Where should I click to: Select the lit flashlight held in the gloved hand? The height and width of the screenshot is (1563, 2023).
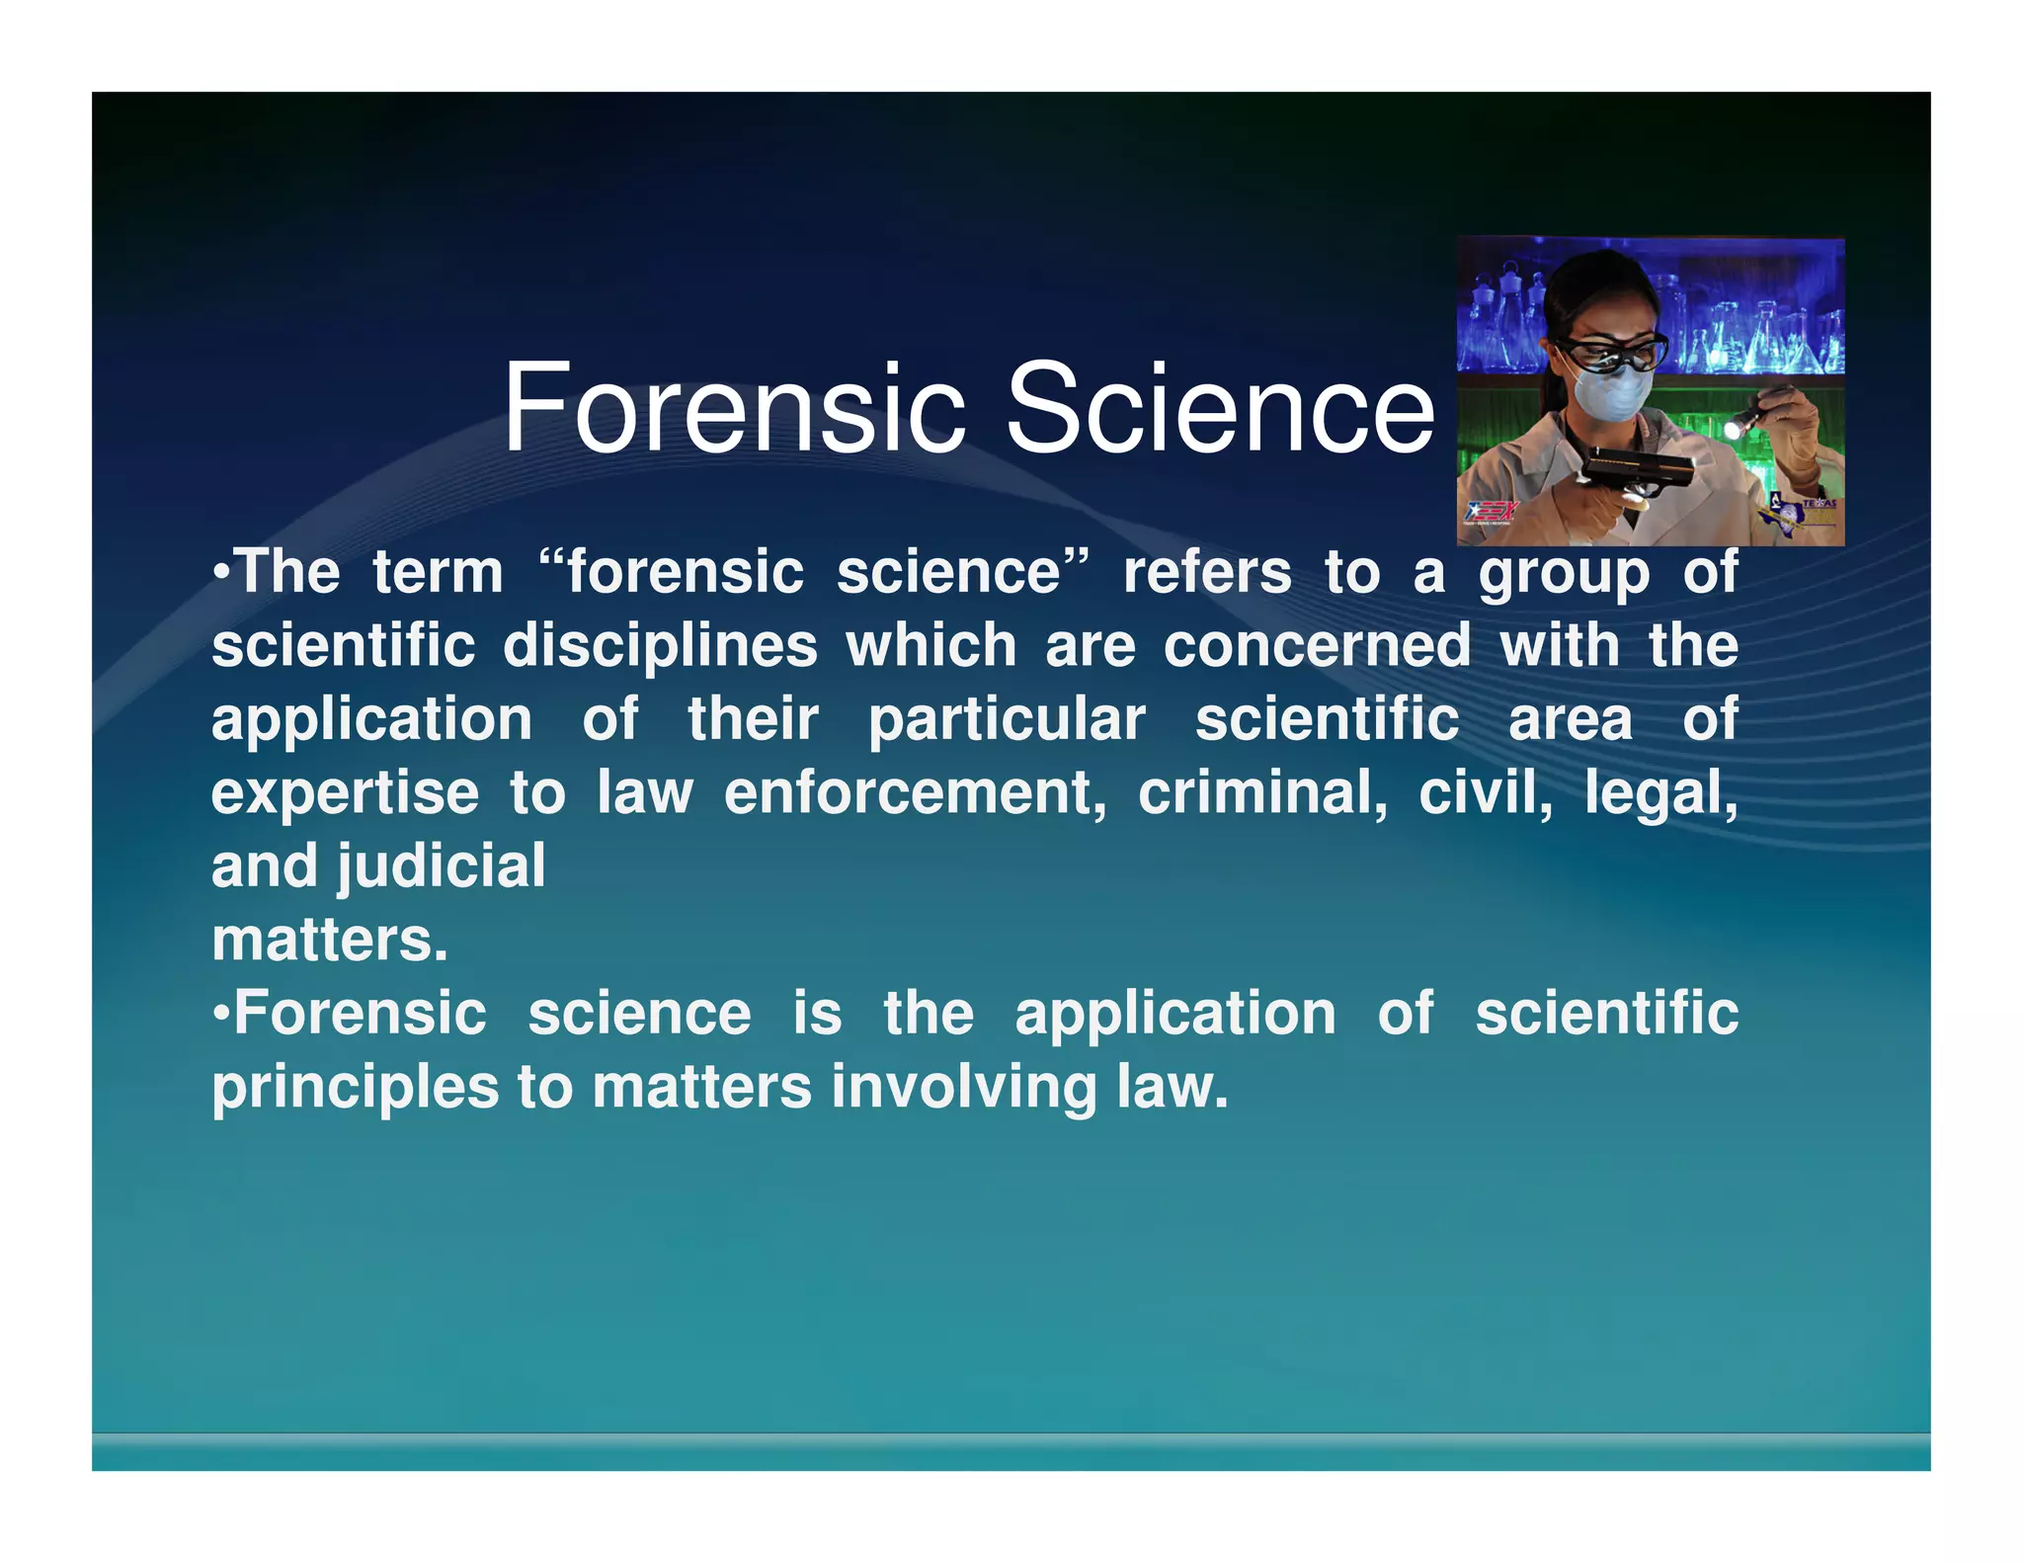[1754, 415]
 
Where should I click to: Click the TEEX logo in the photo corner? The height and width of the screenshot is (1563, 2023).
[1490, 513]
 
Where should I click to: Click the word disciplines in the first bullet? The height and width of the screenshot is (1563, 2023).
[660, 646]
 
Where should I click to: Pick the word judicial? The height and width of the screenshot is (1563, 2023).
[442, 866]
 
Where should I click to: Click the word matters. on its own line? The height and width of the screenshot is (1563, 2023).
[330, 940]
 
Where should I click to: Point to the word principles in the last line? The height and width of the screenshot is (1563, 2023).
[356, 1088]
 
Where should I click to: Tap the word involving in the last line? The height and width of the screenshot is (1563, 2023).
[964, 1088]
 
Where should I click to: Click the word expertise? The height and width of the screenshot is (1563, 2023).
[345, 792]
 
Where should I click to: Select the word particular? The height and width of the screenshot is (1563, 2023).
[1007, 719]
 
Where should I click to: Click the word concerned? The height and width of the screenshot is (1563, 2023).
[1317, 646]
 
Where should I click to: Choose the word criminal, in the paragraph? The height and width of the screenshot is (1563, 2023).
[1262, 792]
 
